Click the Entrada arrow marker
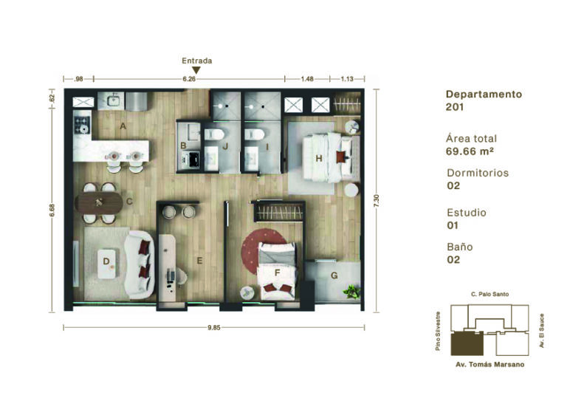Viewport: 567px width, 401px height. click(x=196, y=70)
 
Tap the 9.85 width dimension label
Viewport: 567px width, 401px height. click(x=213, y=328)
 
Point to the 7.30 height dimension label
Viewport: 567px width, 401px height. click(x=377, y=201)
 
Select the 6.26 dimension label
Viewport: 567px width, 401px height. click(x=189, y=78)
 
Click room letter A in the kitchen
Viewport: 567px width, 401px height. click(x=123, y=126)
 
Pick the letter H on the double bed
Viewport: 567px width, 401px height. click(x=319, y=158)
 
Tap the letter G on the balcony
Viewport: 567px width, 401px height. click(x=334, y=275)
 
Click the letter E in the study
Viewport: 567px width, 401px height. click(x=199, y=261)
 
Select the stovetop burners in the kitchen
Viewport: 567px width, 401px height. click(x=82, y=123)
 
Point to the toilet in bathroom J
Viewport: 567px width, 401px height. click(x=214, y=134)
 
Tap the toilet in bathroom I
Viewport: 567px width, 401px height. click(x=255, y=134)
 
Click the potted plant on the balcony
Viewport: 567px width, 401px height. click(x=351, y=292)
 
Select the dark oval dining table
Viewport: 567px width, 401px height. click(x=99, y=203)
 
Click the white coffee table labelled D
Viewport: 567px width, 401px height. click(x=107, y=263)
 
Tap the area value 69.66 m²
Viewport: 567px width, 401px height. click(x=470, y=151)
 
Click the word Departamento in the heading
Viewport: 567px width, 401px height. click(x=484, y=95)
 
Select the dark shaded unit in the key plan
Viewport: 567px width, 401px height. click(x=467, y=343)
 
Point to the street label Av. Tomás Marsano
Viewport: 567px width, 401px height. click(x=490, y=365)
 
